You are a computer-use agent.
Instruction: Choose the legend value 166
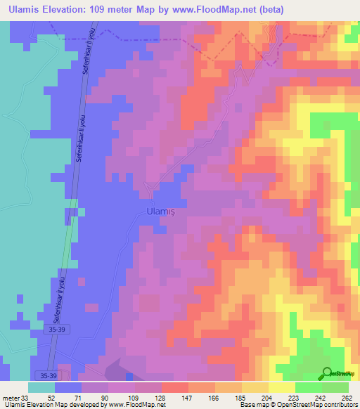[x=214, y=397]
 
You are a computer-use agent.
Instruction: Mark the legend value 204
[x=268, y=397]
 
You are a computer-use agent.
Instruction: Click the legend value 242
[x=321, y=397]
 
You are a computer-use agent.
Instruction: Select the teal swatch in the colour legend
[x=41, y=387]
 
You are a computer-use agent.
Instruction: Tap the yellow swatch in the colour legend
[x=282, y=387]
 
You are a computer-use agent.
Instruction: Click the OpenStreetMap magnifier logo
[x=327, y=373]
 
